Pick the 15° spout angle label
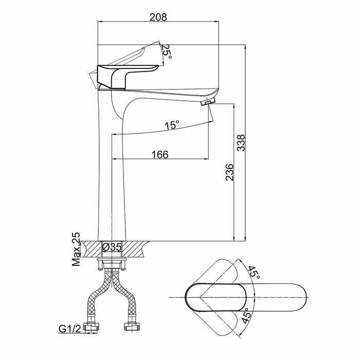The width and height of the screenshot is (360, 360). [x=172, y=125]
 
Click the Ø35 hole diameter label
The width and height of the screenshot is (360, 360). [x=112, y=247]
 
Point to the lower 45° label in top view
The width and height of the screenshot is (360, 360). [x=246, y=314]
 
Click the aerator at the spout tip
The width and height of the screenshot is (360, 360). [x=207, y=103]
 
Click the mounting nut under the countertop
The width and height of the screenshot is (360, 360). [x=111, y=265]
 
